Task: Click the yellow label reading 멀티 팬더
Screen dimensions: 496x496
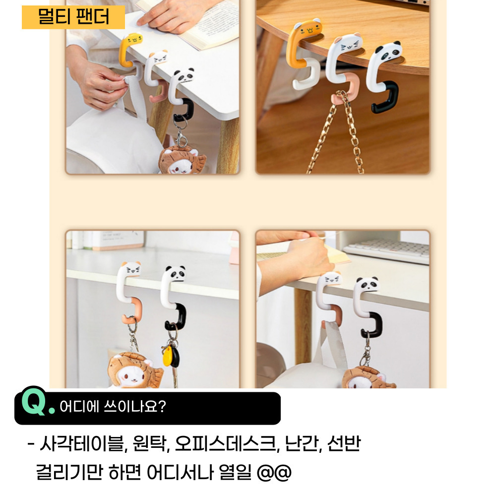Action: click(x=73, y=17)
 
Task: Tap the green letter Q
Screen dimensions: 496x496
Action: click(x=34, y=401)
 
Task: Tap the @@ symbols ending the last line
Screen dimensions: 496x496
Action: click(x=274, y=473)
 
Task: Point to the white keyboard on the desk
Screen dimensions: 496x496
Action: click(x=386, y=250)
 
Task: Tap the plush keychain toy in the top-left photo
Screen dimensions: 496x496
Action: click(x=182, y=160)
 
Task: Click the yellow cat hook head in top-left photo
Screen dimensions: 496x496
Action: click(x=133, y=41)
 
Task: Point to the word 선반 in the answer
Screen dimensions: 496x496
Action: click(x=344, y=443)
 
